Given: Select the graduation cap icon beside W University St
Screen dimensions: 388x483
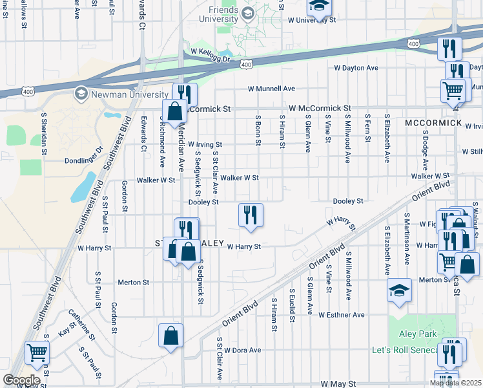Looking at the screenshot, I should pos(318,6).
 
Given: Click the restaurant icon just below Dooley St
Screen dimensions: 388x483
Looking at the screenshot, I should pos(251,215).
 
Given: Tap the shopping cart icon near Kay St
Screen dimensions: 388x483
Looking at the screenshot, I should pos(37,354).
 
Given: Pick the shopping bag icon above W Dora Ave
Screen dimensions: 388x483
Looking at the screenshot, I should pos(170,336).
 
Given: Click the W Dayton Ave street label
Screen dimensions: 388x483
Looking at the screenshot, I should pos(356,68).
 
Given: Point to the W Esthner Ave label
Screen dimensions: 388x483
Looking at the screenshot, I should pos(341,315).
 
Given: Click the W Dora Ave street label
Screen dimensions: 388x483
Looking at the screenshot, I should pos(242,350).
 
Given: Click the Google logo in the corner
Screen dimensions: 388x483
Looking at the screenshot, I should pos(21,380).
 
